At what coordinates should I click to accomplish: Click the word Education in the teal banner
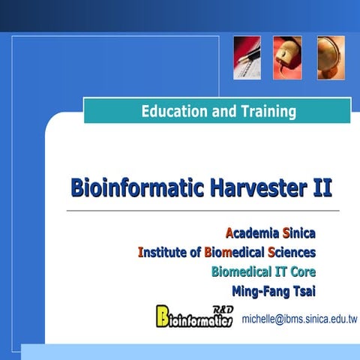(173, 112)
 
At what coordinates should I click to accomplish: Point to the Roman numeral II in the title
(321, 187)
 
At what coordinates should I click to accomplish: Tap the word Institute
(163, 252)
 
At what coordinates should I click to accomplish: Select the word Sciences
(292, 252)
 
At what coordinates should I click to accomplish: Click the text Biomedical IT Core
(263, 271)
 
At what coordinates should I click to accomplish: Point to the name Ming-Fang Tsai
(274, 290)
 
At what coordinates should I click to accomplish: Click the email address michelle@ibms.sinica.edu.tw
(299, 319)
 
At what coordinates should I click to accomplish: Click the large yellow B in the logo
(163, 316)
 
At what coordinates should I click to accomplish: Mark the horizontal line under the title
(202, 211)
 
